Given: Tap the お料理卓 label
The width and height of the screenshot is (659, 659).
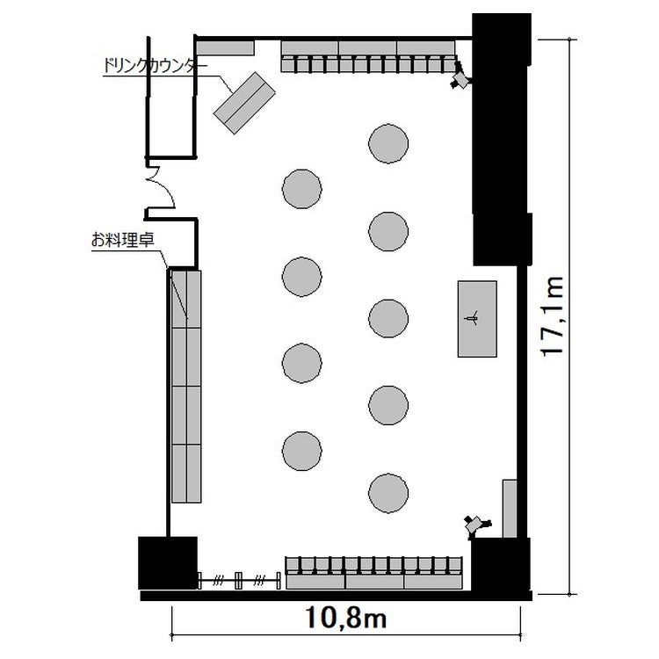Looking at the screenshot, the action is click(123, 240).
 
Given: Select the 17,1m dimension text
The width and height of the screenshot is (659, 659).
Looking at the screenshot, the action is click(553, 316).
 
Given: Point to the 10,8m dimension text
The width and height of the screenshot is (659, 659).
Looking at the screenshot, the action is click(345, 618).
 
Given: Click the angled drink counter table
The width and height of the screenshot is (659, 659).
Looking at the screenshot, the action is click(244, 103).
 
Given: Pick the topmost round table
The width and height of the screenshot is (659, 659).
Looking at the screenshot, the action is click(388, 143).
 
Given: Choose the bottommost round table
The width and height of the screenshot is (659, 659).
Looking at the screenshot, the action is click(388, 493).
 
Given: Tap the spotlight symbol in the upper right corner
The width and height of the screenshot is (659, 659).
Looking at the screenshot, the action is click(460, 77).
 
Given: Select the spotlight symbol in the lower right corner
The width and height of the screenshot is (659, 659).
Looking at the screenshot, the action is click(475, 524).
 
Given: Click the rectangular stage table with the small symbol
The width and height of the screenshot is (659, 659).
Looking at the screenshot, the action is click(477, 319).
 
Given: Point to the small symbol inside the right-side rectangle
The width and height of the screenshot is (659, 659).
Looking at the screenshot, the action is click(473, 318).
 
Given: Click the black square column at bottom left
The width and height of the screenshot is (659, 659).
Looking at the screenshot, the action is click(168, 562).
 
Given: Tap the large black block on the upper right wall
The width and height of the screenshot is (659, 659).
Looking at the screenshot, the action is click(502, 139).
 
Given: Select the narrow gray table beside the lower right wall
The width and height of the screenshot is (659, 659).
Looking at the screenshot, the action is click(510, 509).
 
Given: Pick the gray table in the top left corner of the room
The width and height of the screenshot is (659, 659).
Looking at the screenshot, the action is click(225, 47).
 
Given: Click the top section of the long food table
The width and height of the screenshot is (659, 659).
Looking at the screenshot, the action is click(186, 300).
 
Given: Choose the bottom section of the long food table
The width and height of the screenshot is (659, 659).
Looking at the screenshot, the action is click(186, 474).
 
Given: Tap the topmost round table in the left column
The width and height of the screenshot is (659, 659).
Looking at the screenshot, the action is click(302, 189).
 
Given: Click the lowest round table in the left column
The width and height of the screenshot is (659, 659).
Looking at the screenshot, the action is click(302, 451).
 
